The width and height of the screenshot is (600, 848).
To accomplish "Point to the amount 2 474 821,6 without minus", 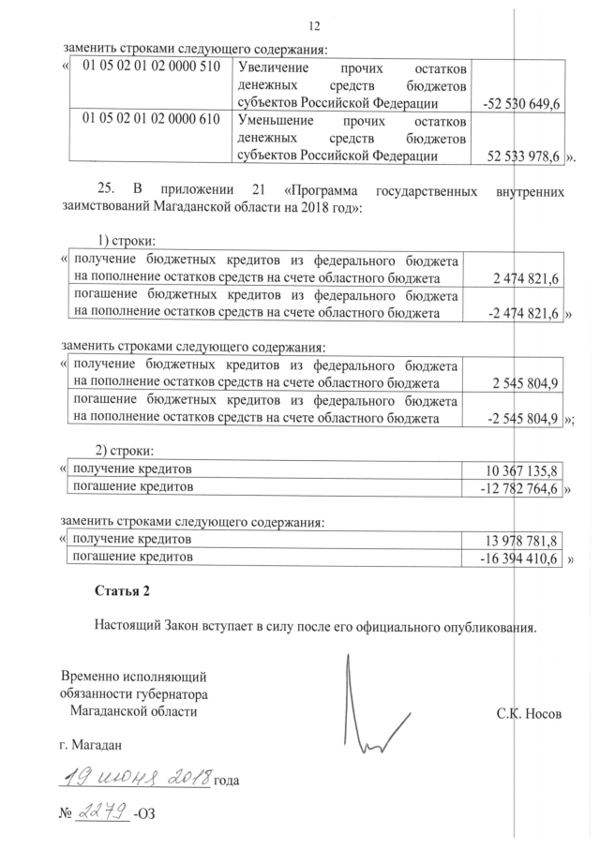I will pyautogui.click(x=526, y=279).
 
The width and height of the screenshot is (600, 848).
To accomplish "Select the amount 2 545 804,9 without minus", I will pyautogui.click(x=526, y=384).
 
